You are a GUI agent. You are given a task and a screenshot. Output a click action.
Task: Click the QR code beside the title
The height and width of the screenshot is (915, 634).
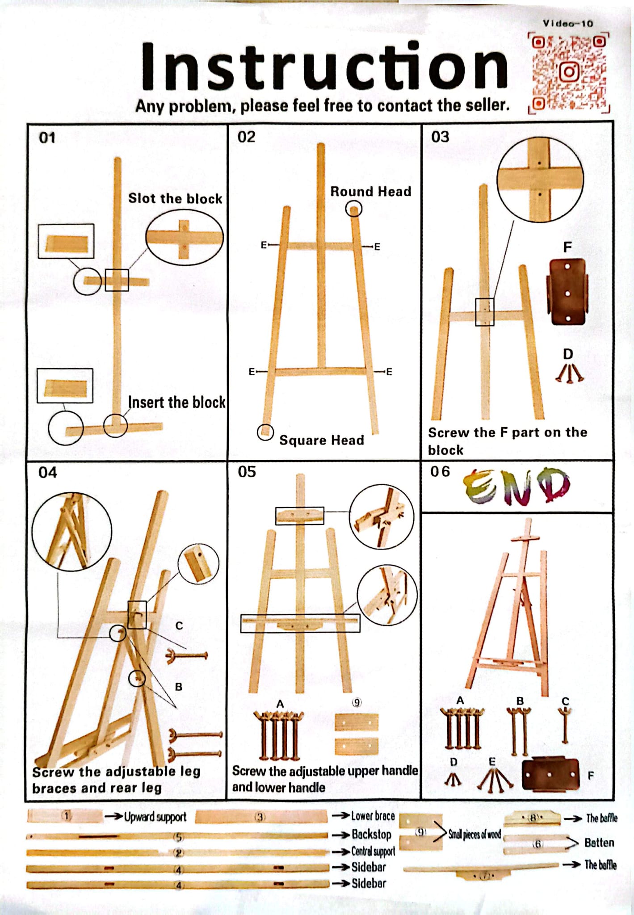(569, 73)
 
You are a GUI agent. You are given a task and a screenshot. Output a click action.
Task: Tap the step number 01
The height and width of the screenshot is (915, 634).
(47, 138)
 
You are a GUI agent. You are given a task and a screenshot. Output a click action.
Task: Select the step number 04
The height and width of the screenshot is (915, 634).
(47, 472)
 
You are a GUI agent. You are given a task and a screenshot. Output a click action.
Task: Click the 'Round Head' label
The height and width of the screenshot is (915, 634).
(370, 191)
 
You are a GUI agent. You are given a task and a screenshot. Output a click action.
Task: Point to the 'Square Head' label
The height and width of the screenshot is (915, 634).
(321, 440)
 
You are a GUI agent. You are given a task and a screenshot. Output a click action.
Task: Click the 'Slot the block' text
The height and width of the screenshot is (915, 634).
(175, 198)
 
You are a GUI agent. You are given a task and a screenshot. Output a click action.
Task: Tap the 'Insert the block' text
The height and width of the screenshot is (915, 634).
(176, 402)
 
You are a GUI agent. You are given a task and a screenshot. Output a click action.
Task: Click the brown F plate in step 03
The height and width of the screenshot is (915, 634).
(567, 291)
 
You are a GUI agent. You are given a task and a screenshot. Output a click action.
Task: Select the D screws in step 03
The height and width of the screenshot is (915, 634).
(569, 374)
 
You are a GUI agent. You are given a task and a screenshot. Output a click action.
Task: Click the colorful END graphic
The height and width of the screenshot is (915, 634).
(517, 486)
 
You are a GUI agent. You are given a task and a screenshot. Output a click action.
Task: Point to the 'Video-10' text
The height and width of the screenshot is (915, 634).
(568, 24)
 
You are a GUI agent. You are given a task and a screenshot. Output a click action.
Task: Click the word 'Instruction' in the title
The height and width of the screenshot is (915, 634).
(324, 66)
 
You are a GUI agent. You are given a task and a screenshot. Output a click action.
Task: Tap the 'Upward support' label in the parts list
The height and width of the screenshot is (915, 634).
(155, 817)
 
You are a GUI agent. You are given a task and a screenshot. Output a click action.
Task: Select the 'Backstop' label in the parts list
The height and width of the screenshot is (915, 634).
(371, 834)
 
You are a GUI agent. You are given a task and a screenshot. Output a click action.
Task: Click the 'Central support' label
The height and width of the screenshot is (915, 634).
(373, 851)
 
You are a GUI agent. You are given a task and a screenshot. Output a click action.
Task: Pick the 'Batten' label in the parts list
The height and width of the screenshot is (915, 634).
(599, 843)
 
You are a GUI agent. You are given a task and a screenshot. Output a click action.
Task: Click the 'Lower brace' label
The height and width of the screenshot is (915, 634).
(373, 816)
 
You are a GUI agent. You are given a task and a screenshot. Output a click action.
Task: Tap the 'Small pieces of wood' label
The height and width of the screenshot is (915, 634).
(474, 834)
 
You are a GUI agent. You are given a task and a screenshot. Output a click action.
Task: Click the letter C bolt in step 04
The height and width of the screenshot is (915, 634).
(187, 656)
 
